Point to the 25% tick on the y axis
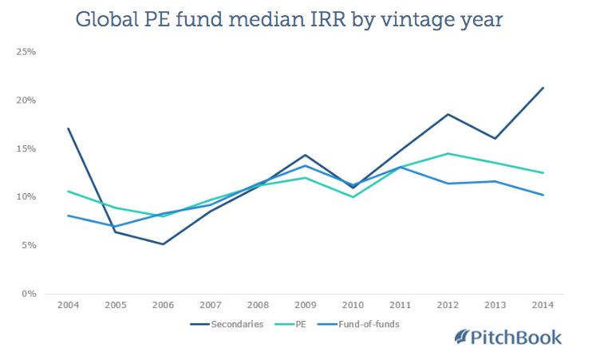coord(26,52)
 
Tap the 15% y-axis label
coord(26,148)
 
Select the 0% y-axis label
coord(28,294)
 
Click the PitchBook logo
coord(507,337)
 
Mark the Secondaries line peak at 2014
coord(543,88)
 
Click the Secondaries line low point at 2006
coord(163,244)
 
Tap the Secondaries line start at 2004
coord(68,129)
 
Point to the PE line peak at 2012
coord(448,153)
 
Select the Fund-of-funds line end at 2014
coord(543,195)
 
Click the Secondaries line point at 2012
coord(448,114)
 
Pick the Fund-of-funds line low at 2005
coord(116,226)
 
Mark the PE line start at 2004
coord(68,191)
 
